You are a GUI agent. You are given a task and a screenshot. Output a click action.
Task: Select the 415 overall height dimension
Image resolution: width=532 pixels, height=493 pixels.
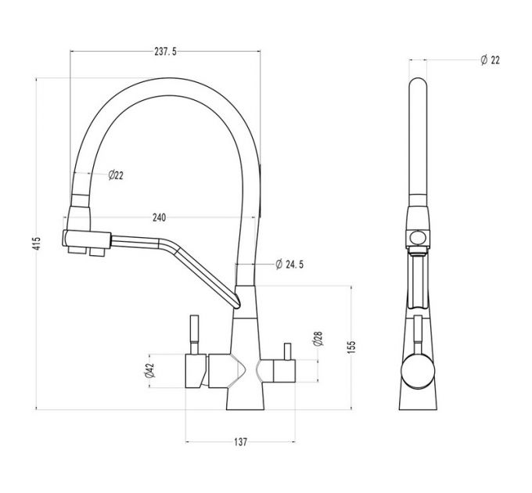(x=36, y=244)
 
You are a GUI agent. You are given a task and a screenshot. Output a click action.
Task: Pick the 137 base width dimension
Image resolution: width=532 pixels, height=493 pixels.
(x=240, y=442)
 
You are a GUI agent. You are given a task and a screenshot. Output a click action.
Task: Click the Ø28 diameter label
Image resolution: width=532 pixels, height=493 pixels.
(x=318, y=339)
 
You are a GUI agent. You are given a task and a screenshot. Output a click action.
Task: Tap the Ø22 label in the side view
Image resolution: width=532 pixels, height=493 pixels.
(x=490, y=60)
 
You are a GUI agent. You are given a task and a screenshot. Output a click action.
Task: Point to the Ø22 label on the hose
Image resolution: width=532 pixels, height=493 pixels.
(x=114, y=175)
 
